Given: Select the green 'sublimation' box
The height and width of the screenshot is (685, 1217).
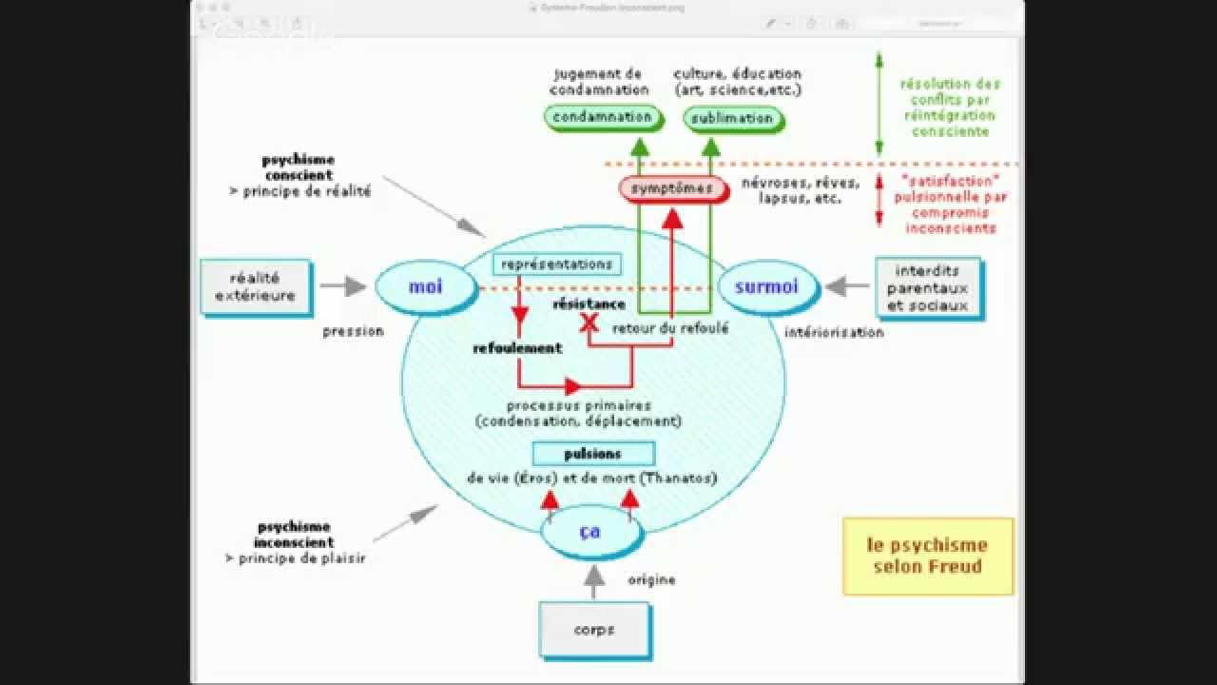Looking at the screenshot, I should (732, 118).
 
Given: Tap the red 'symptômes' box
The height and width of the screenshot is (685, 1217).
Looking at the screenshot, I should (671, 188).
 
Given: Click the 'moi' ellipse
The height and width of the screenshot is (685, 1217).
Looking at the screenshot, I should (426, 285).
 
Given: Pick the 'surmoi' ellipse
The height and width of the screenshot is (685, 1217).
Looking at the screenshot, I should (766, 285).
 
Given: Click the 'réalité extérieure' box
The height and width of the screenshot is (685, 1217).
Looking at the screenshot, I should (256, 286).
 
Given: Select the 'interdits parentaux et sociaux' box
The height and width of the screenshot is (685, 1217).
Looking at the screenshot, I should (927, 287).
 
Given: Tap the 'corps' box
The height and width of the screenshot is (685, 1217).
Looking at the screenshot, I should (594, 629).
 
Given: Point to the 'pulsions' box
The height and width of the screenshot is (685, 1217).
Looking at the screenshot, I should (593, 454).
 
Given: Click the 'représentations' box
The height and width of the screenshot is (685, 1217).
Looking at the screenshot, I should (556, 264).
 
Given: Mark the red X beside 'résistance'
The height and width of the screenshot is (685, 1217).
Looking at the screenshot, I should (589, 323).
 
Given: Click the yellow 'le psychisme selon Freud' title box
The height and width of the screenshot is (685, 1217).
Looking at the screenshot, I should (928, 557).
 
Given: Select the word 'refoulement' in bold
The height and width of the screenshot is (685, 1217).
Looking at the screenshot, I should (517, 348).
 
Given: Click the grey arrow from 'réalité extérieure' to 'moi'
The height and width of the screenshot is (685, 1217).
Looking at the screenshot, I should (343, 285).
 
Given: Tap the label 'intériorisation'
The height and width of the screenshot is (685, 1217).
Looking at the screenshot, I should (834, 332).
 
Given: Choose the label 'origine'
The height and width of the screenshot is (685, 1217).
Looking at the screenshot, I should (651, 579).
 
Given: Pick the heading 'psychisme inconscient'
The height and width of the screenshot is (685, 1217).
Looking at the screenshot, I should (295, 535).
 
